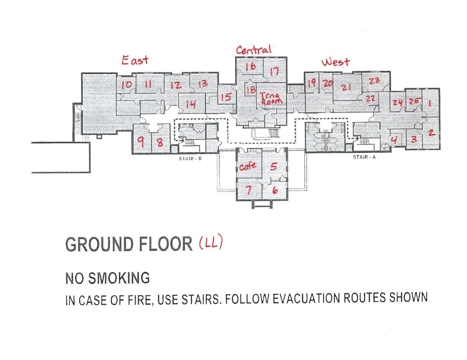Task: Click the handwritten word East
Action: pyautogui.click(x=135, y=60)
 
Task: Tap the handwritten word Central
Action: pyautogui.click(x=253, y=49)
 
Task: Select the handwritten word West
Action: pyautogui.click(x=335, y=62)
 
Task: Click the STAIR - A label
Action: pyautogui.click(x=364, y=157)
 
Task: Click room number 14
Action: pyautogui.click(x=191, y=105)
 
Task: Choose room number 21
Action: pyautogui.click(x=347, y=87)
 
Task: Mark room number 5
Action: pyautogui.click(x=273, y=166)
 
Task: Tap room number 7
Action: pyautogui.click(x=248, y=190)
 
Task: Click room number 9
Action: pyautogui.click(x=141, y=142)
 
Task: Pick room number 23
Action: pyautogui.click(x=374, y=81)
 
